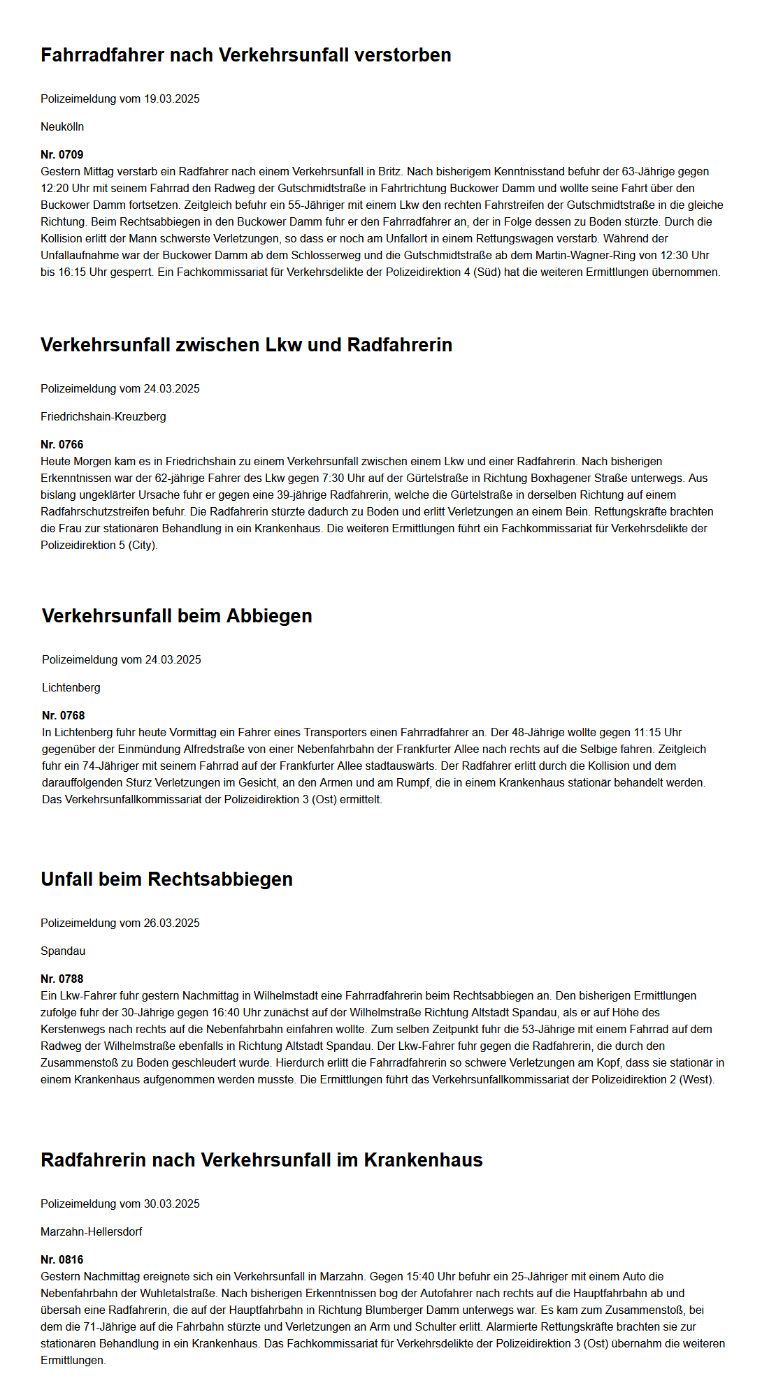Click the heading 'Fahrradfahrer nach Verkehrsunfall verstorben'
click(x=245, y=55)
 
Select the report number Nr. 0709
click(x=62, y=154)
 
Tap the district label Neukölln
click(x=62, y=126)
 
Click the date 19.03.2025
click(x=171, y=98)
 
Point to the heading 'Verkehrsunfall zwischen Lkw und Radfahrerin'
click(x=246, y=345)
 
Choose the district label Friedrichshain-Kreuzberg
click(x=103, y=416)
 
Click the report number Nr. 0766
click(x=62, y=444)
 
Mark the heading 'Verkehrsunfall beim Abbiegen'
click(x=177, y=616)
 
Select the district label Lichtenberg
click(x=71, y=687)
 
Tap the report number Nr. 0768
click(x=64, y=715)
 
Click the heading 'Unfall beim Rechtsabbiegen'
click(x=166, y=879)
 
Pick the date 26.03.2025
click(x=171, y=923)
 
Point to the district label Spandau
click(x=63, y=951)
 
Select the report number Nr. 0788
click(x=62, y=979)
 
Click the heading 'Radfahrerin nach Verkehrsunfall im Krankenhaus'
click(x=261, y=1160)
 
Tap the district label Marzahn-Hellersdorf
click(x=92, y=1231)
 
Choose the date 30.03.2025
click(x=171, y=1204)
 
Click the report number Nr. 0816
click(x=62, y=1259)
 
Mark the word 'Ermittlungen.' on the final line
click(x=73, y=1360)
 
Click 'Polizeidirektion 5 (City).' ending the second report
click(x=99, y=545)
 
